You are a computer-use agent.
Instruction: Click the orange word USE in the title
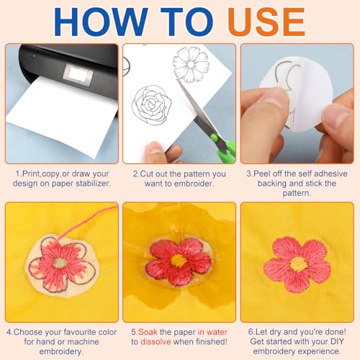point(266,22)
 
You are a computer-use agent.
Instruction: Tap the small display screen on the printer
point(77,73)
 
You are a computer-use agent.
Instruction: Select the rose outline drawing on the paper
point(152,105)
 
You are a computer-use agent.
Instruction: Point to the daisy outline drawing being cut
point(191,64)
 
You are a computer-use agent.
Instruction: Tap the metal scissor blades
point(196,108)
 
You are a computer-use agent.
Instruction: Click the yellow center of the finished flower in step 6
point(299,264)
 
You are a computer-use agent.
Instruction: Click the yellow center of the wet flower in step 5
point(179,261)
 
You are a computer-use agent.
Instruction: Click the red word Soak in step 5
point(148,332)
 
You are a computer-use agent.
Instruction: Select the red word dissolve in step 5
point(156,341)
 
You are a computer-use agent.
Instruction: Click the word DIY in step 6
point(336,341)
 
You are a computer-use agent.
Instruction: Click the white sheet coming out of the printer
point(61,115)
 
